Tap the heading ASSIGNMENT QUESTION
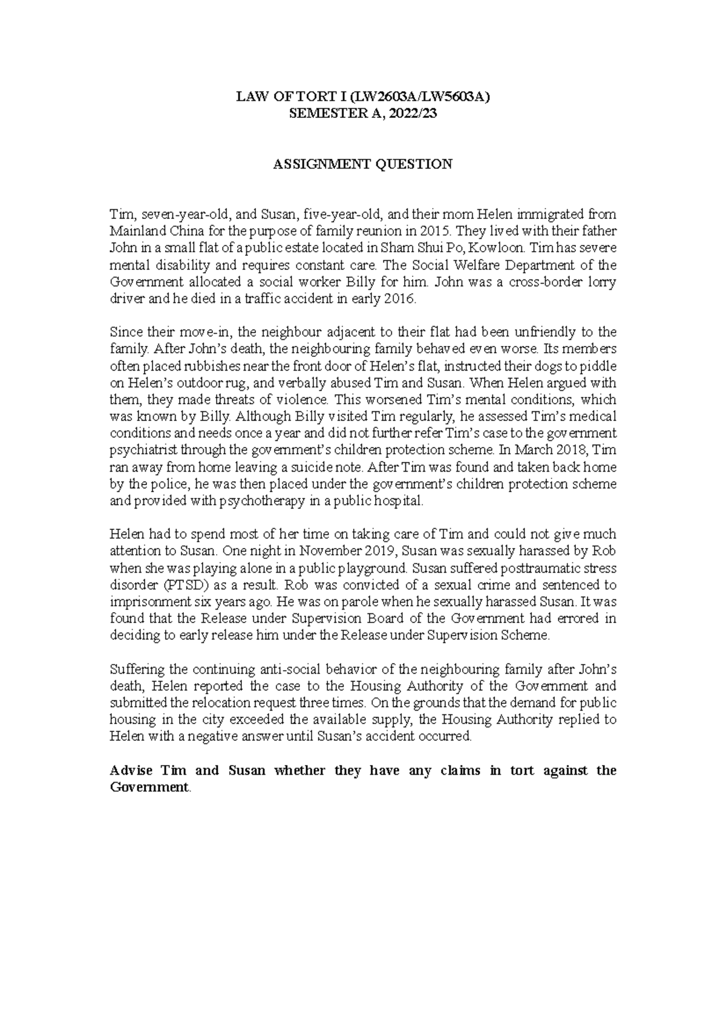coord(362,164)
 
